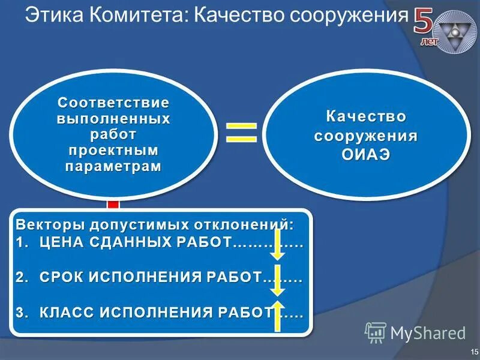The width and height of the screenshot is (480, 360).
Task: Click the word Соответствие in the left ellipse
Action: coord(113,103)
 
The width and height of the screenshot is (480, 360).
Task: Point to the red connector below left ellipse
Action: coord(113,204)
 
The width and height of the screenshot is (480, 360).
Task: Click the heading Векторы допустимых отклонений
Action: coord(155,225)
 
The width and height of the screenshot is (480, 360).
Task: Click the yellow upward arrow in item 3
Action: coord(278,316)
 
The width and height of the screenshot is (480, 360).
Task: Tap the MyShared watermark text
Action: coord(427,332)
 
